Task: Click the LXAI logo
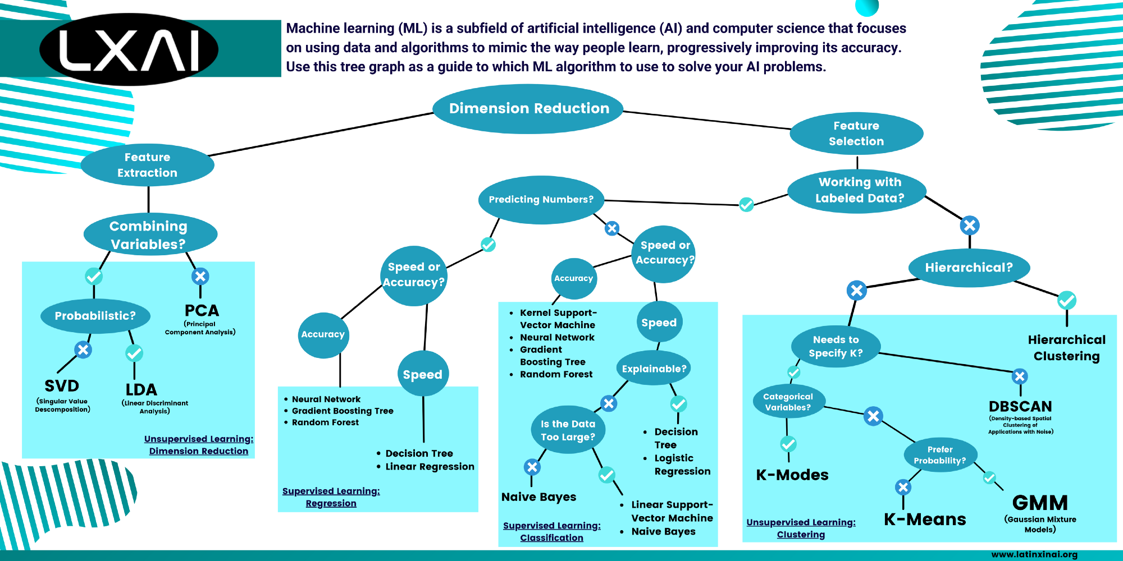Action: point(129,49)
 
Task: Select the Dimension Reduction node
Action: point(528,108)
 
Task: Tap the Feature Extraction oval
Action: point(147,165)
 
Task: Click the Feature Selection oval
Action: point(856,134)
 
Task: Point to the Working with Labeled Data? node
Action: point(859,190)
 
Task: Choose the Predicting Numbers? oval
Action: point(541,200)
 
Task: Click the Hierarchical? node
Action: point(969,268)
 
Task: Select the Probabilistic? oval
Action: point(95,316)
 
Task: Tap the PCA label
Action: point(202,311)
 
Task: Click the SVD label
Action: point(62,386)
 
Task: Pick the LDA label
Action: point(141,390)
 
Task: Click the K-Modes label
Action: point(792,475)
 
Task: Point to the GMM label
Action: point(1040,503)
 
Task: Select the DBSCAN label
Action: point(1020,406)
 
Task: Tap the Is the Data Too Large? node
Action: point(568,430)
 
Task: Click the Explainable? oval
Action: point(654,369)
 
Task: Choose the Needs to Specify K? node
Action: point(836,346)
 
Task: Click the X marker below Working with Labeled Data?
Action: point(970,226)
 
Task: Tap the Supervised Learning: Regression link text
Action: point(331,497)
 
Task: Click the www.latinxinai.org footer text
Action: point(1034,554)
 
